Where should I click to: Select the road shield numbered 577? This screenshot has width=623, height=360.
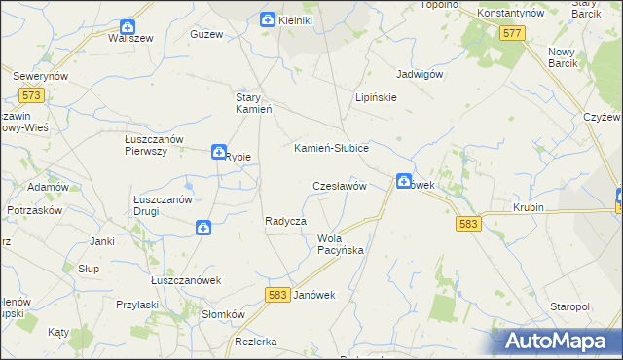pos(513,33)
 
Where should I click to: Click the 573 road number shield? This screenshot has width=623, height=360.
pos(30,94)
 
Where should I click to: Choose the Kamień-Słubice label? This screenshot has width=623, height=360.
pos(331,148)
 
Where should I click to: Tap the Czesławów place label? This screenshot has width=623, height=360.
pos(338,185)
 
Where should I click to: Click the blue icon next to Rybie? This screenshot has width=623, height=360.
pos(219,151)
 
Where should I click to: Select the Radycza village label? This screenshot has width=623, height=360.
pos(286,221)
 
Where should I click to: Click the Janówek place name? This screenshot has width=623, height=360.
pos(313,295)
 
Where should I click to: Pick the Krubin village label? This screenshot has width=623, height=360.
pos(530,208)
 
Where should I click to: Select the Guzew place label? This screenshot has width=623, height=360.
pos(207,34)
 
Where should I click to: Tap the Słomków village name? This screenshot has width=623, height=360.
pos(222,314)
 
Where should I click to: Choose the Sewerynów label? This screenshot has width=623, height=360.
pos(39,75)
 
